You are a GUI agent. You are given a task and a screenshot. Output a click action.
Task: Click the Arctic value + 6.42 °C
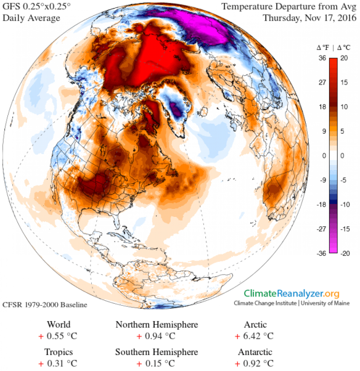pyautogui.click(x=254, y=336)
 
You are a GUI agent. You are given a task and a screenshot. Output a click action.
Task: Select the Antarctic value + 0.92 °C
pyautogui.click(x=254, y=364)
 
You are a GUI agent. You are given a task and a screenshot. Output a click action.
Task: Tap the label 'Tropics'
pyautogui.click(x=59, y=352)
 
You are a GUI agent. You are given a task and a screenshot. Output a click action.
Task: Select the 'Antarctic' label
pyautogui.click(x=254, y=352)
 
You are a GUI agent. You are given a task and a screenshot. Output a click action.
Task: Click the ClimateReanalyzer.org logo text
pyautogui.click(x=292, y=293)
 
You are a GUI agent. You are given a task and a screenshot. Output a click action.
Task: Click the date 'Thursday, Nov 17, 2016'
pyautogui.click(x=309, y=18)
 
